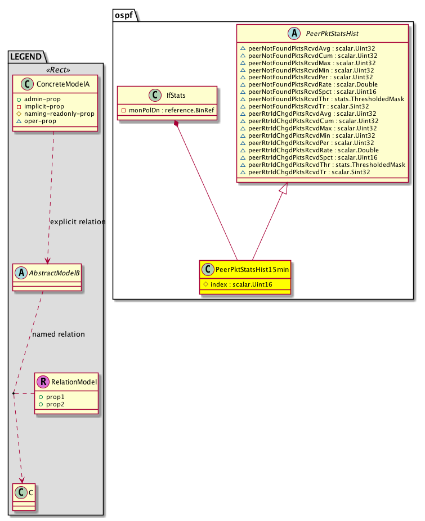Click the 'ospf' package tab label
(x=123, y=15)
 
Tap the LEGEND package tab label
(x=26, y=57)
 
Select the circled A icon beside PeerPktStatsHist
(x=294, y=33)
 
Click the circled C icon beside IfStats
(x=155, y=95)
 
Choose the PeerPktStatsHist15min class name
(x=252, y=269)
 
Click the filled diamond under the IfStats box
(x=176, y=123)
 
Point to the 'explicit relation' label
(x=78, y=221)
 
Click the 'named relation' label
(x=59, y=334)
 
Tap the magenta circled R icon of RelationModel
(x=43, y=382)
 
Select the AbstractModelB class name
(x=54, y=273)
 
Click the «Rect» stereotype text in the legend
(x=58, y=70)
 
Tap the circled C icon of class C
(x=21, y=492)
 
